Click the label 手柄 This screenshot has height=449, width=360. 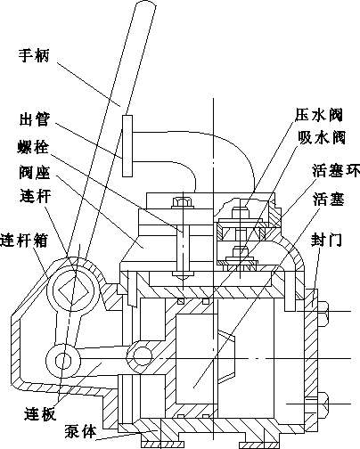pyautogui.click(x=34, y=55)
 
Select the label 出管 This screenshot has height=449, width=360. pyautogui.click(x=34, y=119)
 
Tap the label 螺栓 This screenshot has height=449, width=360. pyautogui.click(x=33, y=147)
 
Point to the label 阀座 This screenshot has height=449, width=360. pyautogui.click(x=34, y=173)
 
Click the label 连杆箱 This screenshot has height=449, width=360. pyautogui.click(x=24, y=240)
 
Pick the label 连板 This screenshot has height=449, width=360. pyautogui.click(x=40, y=413)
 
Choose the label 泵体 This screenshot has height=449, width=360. pyautogui.click(x=80, y=431)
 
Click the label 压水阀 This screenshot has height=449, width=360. pyautogui.click(x=319, y=115)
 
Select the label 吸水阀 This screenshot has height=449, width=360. pyautogui.click(x=322, y=137)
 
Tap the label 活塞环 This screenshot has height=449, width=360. pyautogui.click(x=336, y=170)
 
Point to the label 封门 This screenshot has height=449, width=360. pyautogui.click(x=327, y=240)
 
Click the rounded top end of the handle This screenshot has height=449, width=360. pyautogui.click(x=146, y=3)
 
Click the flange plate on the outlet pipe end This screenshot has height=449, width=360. pyautogui.click(x=127, y=146)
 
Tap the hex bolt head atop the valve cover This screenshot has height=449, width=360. pyautogui.click(x=183, y=202)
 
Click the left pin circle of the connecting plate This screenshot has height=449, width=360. pyautogui.click(x=63, y=361)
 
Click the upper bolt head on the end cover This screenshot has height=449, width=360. pyautogui.click(x=323, y=314)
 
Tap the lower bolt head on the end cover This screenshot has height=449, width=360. pyautogui.click(x=323, y=404)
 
